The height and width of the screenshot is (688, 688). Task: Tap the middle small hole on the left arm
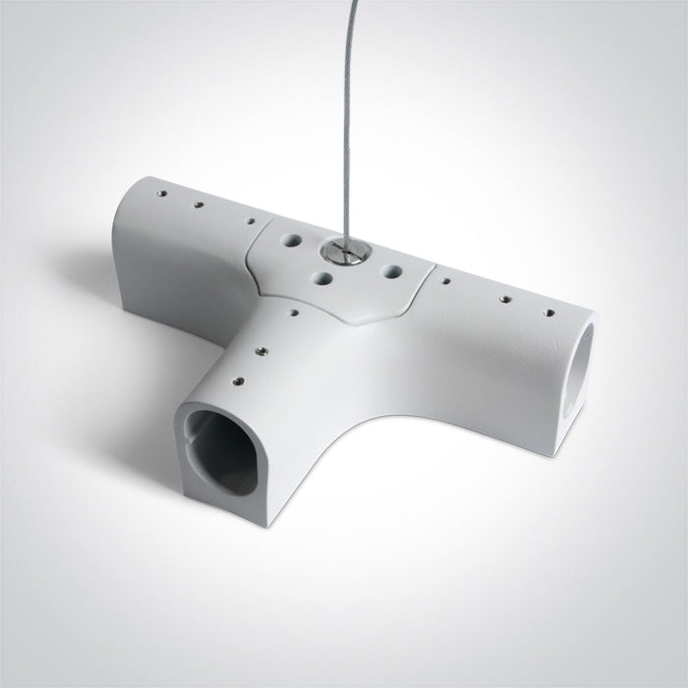[x=199, y=204]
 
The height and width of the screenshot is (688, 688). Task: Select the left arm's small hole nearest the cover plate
[x=250, y=223]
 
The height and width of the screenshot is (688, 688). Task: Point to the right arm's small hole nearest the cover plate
[x=446, y=280]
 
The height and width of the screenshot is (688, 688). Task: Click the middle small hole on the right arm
[x=505, y=297]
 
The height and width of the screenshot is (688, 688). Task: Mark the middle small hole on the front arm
[x=262, y=348]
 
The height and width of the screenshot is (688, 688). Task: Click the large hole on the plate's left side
[x=292, y=240]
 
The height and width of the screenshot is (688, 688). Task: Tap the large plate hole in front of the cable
[x=322, y=278]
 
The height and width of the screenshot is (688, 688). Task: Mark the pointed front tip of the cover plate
[x=363, y=318]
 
